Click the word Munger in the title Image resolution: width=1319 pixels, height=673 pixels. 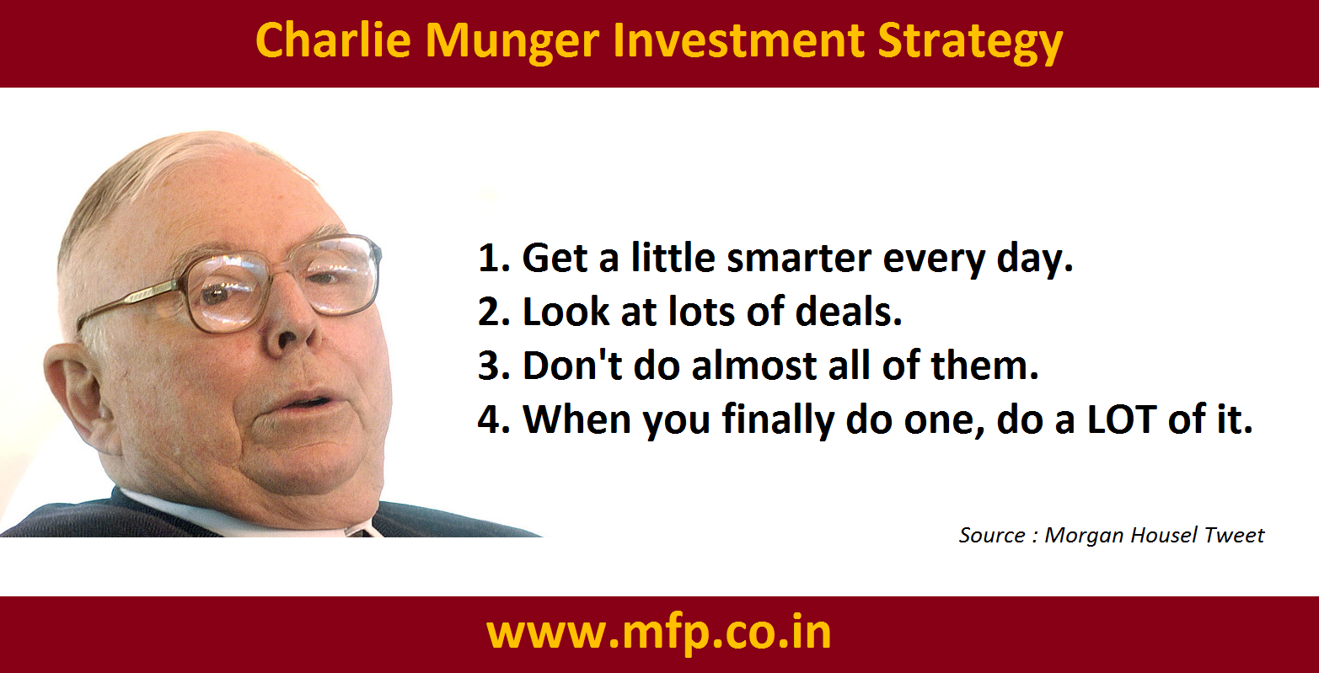[512, 42]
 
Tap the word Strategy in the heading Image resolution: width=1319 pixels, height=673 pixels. [970, 42]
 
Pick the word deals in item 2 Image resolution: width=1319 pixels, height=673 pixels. [849, 311]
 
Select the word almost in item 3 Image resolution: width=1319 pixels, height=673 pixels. [754, 365]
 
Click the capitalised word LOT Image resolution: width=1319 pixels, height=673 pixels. [1121, 419]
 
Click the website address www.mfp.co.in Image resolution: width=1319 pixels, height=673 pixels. [659, 634]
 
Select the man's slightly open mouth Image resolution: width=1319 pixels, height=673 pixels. [306, 405]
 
